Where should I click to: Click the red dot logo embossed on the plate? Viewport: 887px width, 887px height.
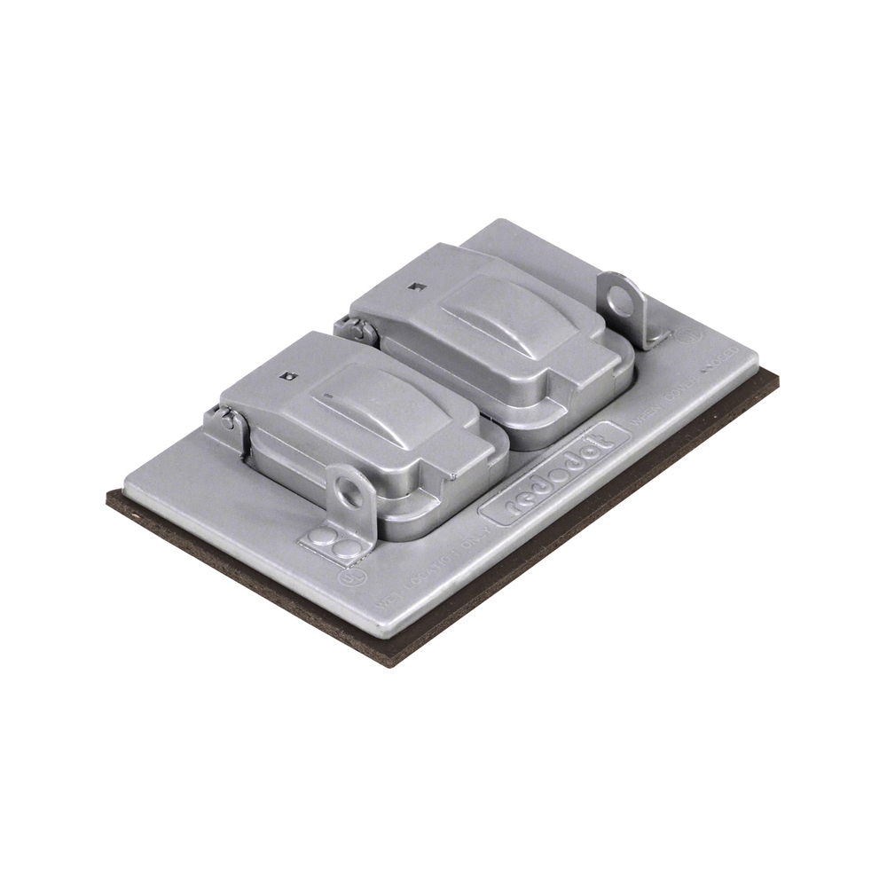click(553, 475)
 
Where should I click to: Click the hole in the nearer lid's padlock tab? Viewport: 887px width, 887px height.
click(350, 490)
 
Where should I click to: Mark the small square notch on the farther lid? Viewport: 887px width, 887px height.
click(413, 286)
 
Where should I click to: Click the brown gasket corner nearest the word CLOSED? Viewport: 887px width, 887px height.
click(778, 377)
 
